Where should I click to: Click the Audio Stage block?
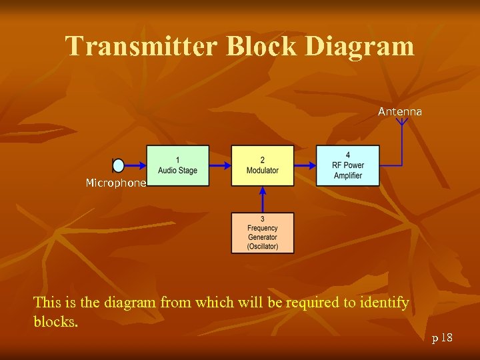click(x=177, y=165)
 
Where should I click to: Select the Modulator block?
click(x=263, y=165)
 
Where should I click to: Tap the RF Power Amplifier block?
click(x=347, y=165)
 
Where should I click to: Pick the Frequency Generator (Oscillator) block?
click(x=263, y=233)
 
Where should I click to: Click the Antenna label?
click(x=400, y=111)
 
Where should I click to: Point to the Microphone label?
click(x=115, y=183)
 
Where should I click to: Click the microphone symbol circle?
click(x=119, y=165)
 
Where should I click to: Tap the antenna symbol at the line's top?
click(x=401, y=121)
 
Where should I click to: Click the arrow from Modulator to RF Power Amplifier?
click(x=305, y=165)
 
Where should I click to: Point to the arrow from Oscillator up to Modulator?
click(x=263, y=199)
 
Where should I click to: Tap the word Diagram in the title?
click(x=363, y=46)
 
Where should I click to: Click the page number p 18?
click(x=442, y=338)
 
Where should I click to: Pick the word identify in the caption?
click(x=385, y=303)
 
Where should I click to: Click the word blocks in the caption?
click(x=55, y=321)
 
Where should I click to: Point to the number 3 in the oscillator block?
click(x=263, y=219)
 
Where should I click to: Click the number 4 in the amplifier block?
click(x=348, y=155)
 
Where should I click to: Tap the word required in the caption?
click(x=312, y=303)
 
